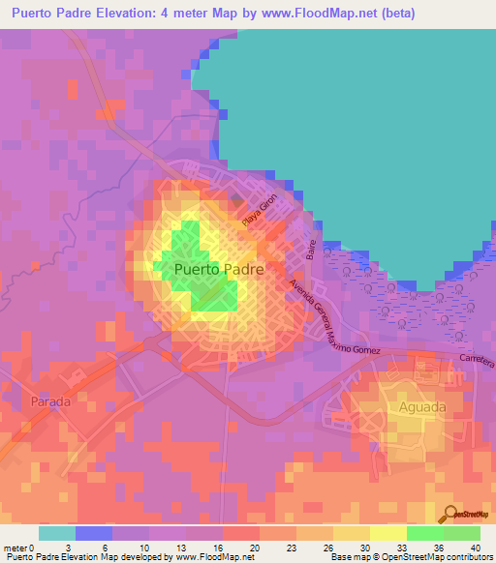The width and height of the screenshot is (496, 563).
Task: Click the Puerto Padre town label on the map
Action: click(x=218, y=270)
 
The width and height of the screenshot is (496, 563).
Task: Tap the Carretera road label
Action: click(x=472, y=359)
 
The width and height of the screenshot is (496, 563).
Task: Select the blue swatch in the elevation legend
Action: click(x=94, y=533)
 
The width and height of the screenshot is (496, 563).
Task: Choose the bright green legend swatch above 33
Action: click(x=425, y=533)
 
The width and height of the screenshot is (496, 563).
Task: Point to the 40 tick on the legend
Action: click(x=474, y=547)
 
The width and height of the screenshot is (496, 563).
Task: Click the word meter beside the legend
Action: click(x=15, y=547)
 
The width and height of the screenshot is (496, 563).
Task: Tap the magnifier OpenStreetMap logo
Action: click(x=449, y=514)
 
